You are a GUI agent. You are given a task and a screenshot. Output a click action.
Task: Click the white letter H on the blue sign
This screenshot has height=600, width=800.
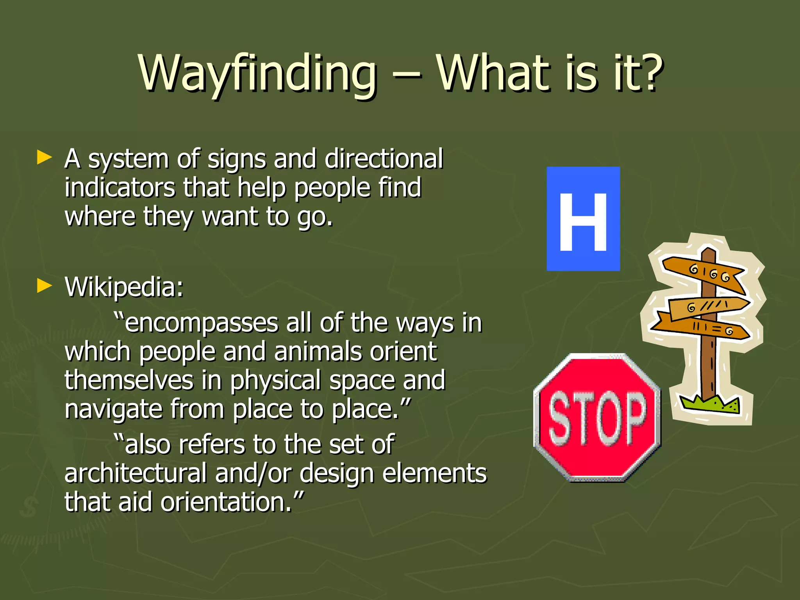[x=583, y=221]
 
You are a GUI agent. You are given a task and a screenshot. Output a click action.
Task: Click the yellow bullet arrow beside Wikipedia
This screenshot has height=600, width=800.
[x=44, y=286]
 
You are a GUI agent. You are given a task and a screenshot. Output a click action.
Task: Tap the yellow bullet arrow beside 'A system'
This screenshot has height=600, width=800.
[x=44, y=157]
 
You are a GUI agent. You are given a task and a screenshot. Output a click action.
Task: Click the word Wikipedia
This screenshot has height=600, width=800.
[x=123, y=287]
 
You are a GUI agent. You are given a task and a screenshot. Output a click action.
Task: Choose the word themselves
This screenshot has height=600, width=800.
[x=129, y=380]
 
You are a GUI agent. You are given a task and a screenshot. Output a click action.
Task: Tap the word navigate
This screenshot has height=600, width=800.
[x=113, y=409]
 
